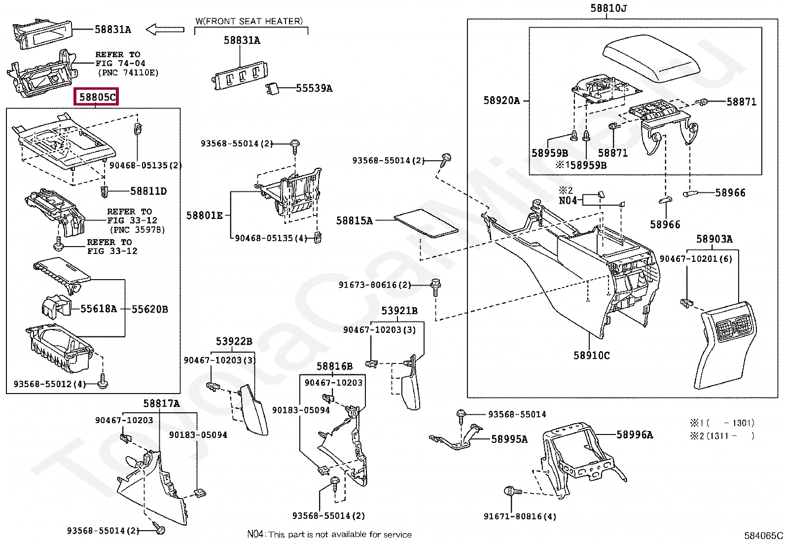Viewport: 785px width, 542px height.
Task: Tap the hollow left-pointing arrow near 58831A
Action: [x=165, y=30]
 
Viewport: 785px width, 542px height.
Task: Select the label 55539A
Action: [x=314, y=88]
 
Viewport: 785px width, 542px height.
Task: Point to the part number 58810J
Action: [x=608, y=8]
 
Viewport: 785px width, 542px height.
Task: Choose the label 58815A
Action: [x=354, y=220]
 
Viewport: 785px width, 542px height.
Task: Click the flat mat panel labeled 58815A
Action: [x=426, y=223]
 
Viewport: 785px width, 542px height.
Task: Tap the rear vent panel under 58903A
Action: [x=725, y=345]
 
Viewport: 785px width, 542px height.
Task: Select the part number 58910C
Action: [x=592, y=356]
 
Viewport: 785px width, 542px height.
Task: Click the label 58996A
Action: [x=635, y=434]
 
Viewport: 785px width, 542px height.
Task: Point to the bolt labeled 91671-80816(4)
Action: [x=512, y=492]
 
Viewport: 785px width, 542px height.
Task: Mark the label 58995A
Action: [x=509, y=439]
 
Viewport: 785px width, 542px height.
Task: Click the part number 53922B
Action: [x=234, y=341]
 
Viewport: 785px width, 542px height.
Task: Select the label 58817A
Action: [x=161, y=403]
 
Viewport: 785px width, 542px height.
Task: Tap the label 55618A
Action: [x=99, y=309]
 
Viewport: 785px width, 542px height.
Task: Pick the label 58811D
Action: [x=148, y=191]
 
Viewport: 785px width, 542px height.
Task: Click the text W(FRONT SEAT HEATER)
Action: [x=249, y=21]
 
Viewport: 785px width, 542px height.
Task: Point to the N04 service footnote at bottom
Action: [x=329, y=534]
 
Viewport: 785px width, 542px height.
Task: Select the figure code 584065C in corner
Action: [x=763, y=535]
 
